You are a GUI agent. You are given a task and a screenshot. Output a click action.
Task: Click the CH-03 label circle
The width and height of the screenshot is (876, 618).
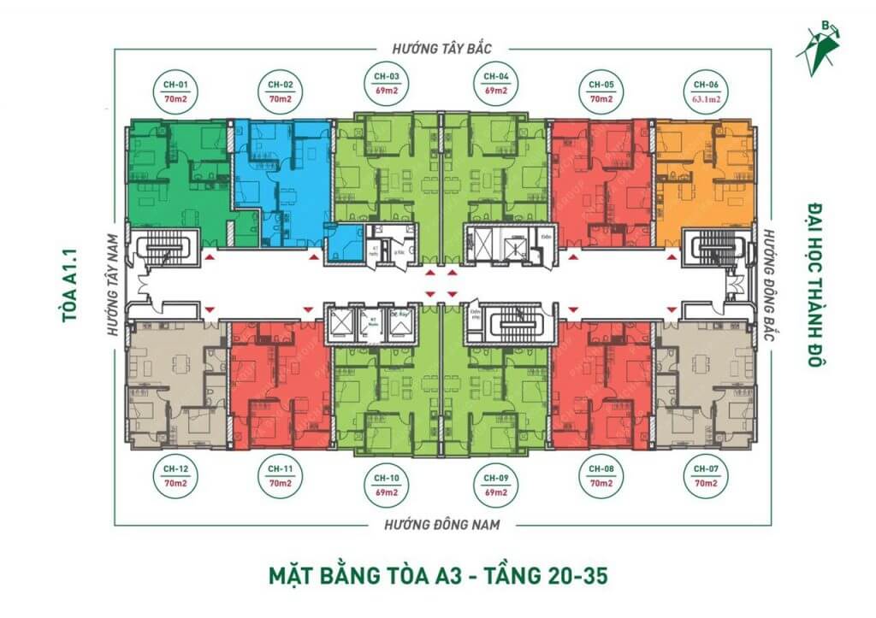click(388, 82)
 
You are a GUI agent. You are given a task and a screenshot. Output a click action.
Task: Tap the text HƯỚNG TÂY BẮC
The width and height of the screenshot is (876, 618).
click(441, 50)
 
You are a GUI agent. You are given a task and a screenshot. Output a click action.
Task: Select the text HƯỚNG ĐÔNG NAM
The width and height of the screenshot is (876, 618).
click(441, 524)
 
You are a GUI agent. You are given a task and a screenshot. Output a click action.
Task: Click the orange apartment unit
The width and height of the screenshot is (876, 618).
click(706, 180)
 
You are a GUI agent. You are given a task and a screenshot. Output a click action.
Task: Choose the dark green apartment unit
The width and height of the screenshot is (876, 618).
click(175, 180)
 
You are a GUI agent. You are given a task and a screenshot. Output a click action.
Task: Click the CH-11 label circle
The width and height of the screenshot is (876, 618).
click(281, 477)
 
